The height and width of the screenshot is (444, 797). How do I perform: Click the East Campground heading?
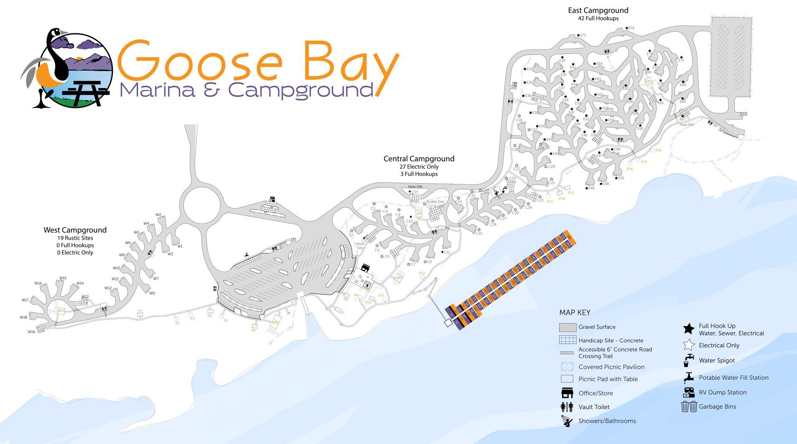[x=598, y=10]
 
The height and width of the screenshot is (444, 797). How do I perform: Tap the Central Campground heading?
[x=419, y=159]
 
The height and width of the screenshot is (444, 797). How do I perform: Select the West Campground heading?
[x=75, y=230]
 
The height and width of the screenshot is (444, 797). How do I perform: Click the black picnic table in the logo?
[x=88, y=92]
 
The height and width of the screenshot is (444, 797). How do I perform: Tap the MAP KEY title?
[x=575, y=313]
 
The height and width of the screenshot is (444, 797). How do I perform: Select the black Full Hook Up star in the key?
[x=689, y=329]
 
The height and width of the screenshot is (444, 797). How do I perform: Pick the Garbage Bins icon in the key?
[x=689, y=407]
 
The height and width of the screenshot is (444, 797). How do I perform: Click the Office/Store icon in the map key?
[x=567, y=393]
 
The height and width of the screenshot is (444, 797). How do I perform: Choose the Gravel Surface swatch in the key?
[x=567, y=327]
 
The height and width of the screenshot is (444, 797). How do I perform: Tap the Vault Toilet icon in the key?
[x=567, y=407]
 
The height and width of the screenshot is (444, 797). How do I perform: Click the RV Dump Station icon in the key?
[x=689, y=392]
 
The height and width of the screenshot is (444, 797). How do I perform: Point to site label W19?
[x=32, y=332]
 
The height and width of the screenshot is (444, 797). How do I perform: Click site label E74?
[x=631, y=28]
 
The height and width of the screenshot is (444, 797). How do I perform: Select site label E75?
[x=583, y=35]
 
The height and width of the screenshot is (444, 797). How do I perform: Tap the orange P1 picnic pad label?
[x=140, y=311]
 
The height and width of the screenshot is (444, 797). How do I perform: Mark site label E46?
[x=592, y=188]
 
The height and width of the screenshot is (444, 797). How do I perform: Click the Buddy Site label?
[x=435, y=202]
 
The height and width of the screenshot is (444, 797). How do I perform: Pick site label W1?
[x=180, y=246]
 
